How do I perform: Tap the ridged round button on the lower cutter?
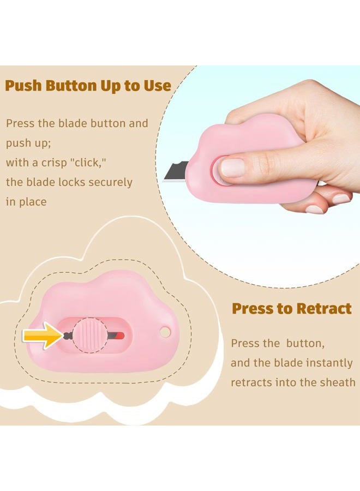click(89, 336)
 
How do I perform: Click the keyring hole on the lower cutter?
click(165, 332)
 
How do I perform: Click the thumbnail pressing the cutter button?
click(232, 167)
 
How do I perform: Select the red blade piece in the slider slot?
click(120, 336)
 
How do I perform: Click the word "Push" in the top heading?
click(23, 86)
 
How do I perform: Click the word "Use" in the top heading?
click(158, 86)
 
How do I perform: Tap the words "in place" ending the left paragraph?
click(26, 202)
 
